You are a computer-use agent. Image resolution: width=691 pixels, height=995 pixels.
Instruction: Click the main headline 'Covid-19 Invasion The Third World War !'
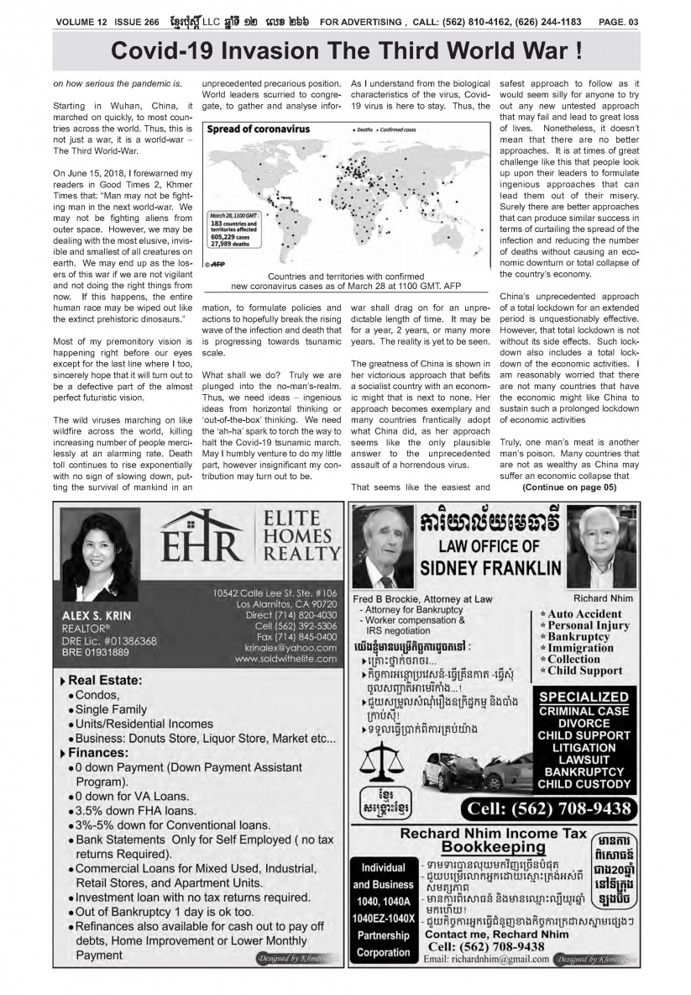[x=347, y=50]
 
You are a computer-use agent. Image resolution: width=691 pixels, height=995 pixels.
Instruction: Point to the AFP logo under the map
[x=220, y=262]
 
